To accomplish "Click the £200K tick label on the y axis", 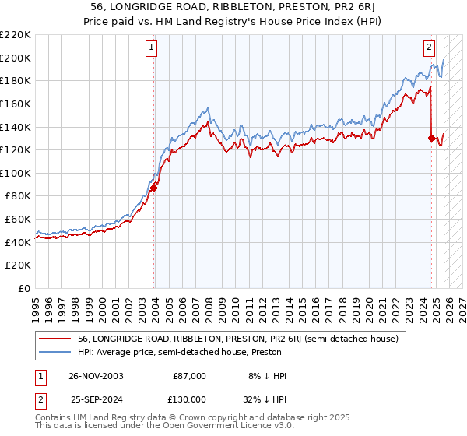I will (16, 58).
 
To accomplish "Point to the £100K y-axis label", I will (16, 173).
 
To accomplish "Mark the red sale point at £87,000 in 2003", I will (154, 188).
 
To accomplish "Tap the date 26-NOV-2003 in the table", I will (97, 376).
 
